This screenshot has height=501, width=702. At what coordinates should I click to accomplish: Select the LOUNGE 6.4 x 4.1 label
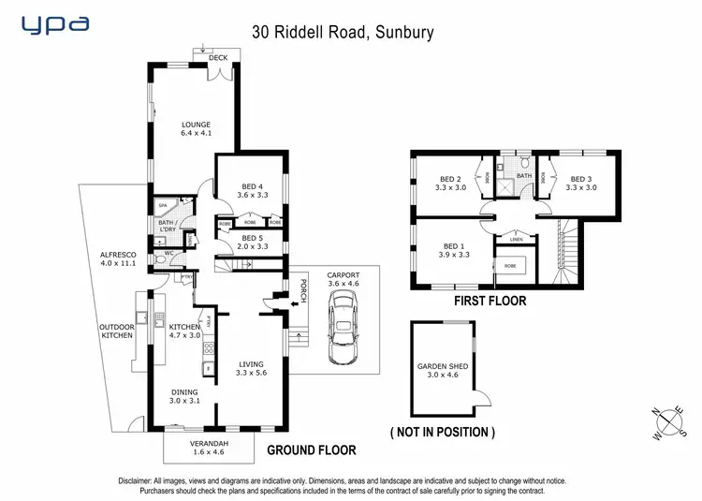pyautogui.click(x=196, y=128)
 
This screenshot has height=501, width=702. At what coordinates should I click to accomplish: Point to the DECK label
pyautogui.click(x=218, y=58)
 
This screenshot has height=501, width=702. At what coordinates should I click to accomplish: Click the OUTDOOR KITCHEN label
pyautogui.click(x=118, y=331)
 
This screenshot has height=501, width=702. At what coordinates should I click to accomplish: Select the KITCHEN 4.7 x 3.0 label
pyautogui.click(x=185, y=331)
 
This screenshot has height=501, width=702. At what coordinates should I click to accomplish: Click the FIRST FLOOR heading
pyautogui.click(x=490, y=302)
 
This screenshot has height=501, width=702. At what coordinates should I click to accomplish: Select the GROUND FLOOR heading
pyautogui.click(x=304, y=450)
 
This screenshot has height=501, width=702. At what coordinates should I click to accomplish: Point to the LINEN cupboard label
pyautogui.click(x=517, y=240)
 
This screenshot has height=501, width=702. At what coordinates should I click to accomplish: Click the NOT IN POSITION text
pyautogui.click(x=443, y=433)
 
